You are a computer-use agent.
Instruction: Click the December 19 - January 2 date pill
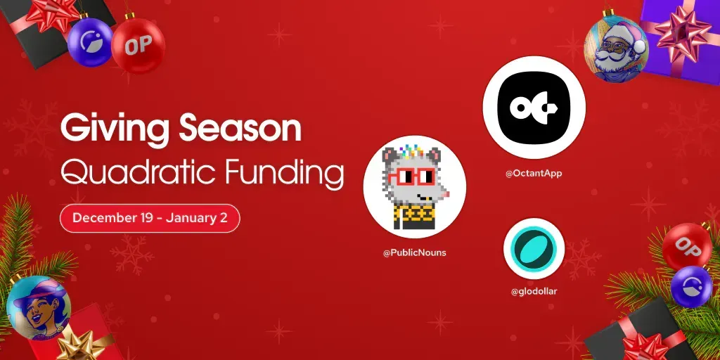coord(150,218)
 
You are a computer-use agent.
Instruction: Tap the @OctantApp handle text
coord(534,173)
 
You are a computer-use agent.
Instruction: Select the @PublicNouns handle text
coord(414,252)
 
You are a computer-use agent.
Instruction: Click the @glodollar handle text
coord(534,291)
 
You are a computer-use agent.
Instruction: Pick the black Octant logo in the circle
coord(534,108)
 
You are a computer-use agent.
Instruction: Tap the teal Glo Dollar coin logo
coord(534,249)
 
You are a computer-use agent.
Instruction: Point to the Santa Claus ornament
coord(616,49)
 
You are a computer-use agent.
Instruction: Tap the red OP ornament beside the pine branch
coord(686,245)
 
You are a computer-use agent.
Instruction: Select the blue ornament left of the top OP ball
coord(90,43)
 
